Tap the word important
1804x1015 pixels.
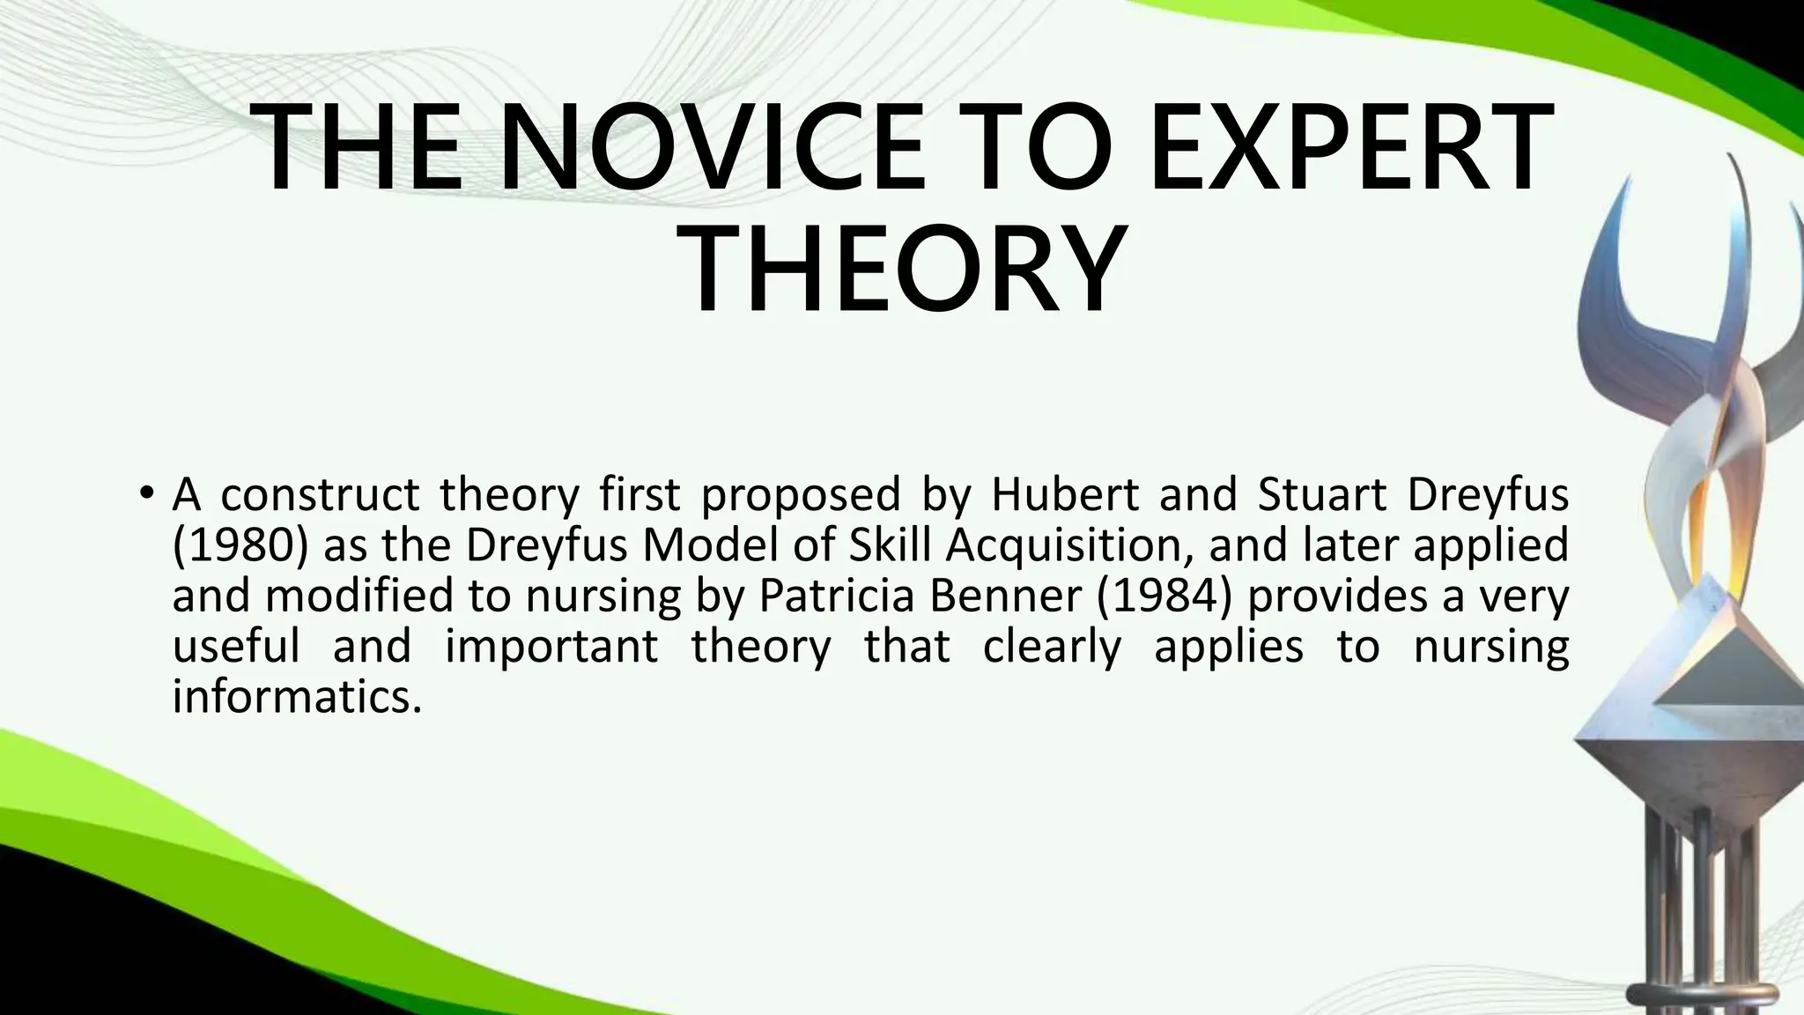pos(551,648)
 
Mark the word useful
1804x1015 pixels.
pos(236,648)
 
